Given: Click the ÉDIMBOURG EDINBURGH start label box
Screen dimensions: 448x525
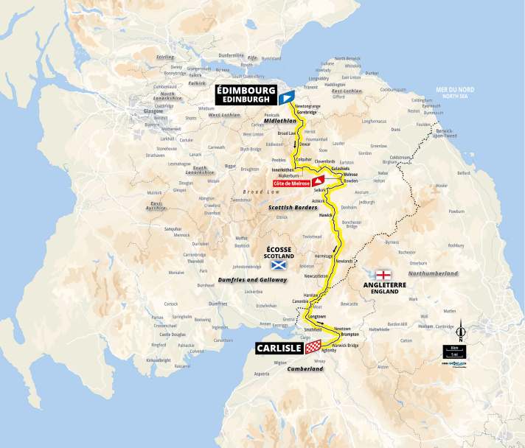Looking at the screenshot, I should coord(246,94).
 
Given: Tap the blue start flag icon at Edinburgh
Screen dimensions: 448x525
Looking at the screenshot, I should coord(287,96).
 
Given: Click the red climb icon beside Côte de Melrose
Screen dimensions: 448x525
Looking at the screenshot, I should coord(318,181).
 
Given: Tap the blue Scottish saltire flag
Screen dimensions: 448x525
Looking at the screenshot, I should coord(278,264).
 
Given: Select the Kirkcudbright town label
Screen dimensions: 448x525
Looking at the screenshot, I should coord(159,360).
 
